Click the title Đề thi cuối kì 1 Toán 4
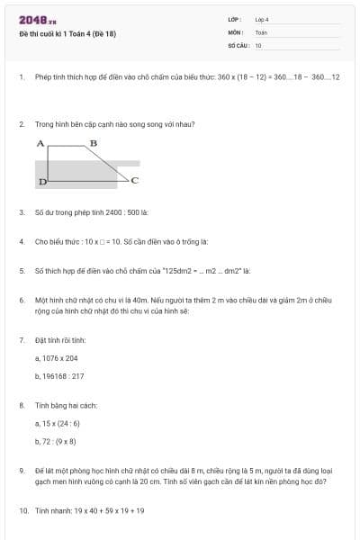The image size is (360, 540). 67,34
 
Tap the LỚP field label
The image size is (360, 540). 235,20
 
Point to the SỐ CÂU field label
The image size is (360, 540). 237,44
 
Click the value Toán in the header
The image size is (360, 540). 261,31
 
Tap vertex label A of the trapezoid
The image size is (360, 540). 40,143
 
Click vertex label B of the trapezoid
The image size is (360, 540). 93,143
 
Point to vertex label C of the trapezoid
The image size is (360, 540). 134,181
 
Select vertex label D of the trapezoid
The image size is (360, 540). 41,183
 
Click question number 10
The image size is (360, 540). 23,510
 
